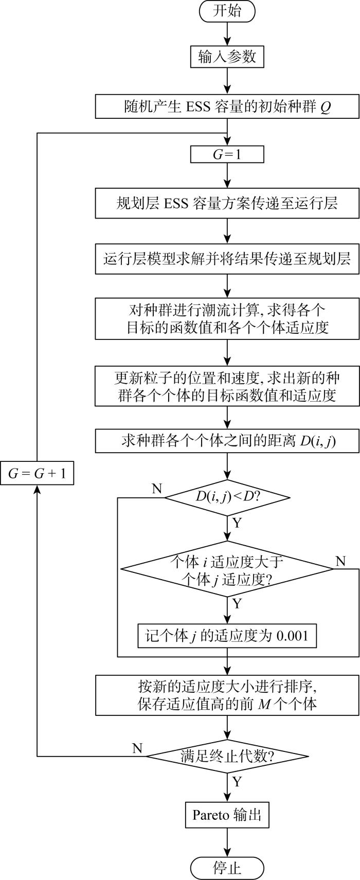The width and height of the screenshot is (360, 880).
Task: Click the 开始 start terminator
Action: tap(227, 11)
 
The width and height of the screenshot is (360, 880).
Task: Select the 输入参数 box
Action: tap(227, 57)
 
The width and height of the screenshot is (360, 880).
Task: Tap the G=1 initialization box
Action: tap(227, 154)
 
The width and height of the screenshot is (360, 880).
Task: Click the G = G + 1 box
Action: tap(37, 474)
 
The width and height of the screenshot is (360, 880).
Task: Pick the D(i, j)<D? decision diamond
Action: tap(227, 497)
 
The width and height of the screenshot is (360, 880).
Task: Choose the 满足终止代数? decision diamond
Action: tap(227, 756)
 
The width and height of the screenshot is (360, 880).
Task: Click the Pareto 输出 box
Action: tap(227, 815)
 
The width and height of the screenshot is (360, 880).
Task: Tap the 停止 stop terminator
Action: tap(227, 868)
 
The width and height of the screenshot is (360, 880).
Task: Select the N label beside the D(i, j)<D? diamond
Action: tap(157, 488)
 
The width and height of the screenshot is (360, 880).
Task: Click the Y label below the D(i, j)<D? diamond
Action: tap(237, 523)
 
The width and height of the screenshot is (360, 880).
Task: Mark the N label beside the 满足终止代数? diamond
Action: tap(137, 748)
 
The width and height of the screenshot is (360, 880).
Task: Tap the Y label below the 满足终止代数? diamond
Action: tap(237, 781)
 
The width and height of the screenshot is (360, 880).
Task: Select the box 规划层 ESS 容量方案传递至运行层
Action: tap(227, 204)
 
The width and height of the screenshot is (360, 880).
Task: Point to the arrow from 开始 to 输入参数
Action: tap(227, 34)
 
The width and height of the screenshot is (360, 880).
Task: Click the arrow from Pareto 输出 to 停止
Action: tap(227, 842)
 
